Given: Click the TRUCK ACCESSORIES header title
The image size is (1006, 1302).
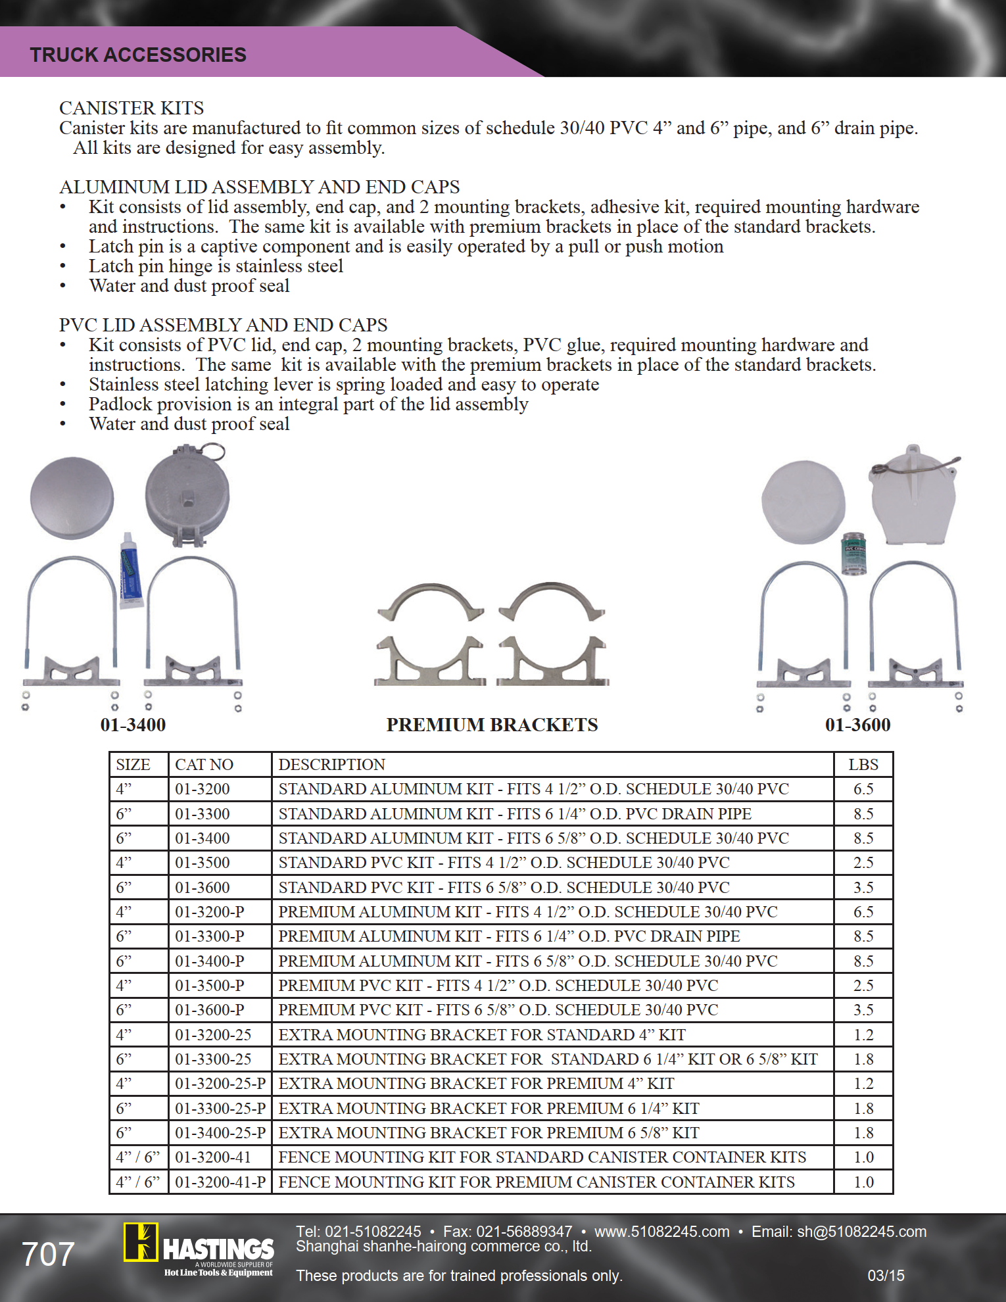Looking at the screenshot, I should click(138, 55).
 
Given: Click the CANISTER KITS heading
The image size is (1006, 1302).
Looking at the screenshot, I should click(132, 108).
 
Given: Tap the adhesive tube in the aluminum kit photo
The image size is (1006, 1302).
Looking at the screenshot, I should click(131, 570).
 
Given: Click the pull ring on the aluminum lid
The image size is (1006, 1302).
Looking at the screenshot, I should click(212, 452).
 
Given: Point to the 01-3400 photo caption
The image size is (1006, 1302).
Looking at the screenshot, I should click(133, 725).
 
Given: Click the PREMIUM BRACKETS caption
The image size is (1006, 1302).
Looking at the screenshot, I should click(492, 725).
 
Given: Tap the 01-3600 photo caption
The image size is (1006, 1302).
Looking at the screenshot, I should click(857, 725).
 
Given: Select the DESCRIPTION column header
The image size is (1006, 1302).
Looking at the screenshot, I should click(331, 765).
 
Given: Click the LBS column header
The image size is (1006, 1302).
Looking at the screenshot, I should click(863, 765).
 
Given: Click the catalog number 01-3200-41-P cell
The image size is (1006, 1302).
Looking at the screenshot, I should click(220, 1182).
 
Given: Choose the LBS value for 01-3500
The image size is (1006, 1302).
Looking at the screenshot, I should click(863, 863).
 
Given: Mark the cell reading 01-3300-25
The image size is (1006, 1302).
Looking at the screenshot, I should click(213, 1059).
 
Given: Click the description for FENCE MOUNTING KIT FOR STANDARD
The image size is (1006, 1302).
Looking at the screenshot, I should click(542, 1157).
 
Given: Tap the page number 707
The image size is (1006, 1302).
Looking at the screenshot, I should click(48, 1255).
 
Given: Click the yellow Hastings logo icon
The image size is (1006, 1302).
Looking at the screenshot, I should click(141, 1242).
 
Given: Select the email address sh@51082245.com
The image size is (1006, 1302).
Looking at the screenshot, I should click(861, 1232).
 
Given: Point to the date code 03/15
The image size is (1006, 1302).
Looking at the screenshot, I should click(886, 1276).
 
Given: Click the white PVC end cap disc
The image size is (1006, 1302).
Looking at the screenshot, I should click(803, 502).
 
